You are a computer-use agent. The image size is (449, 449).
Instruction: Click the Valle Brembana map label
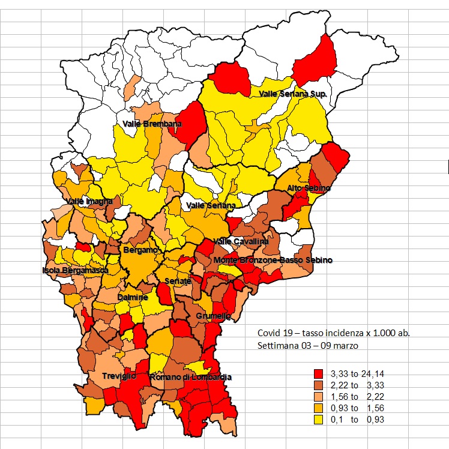coord(152,124)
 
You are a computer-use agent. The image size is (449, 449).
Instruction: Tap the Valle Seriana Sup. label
coord(292,94)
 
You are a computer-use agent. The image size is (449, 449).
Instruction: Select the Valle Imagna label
coord(89,202)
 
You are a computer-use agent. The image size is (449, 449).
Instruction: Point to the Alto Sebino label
coord(309,188)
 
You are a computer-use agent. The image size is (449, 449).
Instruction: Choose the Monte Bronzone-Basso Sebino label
coord(273,260)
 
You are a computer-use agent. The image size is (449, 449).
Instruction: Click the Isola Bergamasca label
coord(74,270)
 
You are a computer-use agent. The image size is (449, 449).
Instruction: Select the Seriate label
coord(178,281)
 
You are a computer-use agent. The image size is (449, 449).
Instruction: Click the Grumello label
coord(209,315)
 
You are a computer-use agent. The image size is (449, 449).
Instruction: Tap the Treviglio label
coord(107,376)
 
